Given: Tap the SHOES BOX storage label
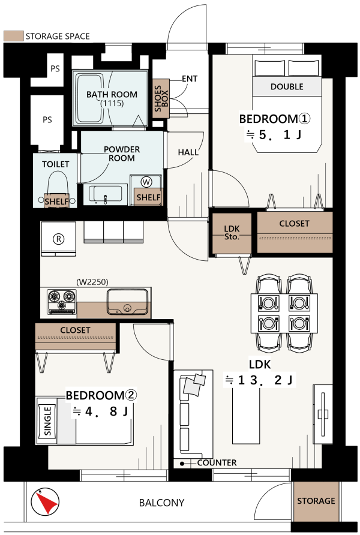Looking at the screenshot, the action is coord(161,98).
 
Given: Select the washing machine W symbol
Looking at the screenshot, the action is coord(146,182).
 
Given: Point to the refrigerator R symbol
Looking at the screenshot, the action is coord(58,239).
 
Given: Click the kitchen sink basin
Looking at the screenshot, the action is coord(128,301).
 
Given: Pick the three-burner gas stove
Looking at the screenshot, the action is coord(61,301).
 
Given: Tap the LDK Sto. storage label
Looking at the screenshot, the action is coord(232,232).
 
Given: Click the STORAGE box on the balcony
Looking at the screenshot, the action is coord(316,501).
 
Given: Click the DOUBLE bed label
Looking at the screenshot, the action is coord(287,86).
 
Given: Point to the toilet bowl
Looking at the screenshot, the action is coord(58,186).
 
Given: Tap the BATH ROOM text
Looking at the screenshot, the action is coord(112,95).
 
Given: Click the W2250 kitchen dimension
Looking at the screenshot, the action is coord(92,282).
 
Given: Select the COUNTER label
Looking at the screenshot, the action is coord(217,462).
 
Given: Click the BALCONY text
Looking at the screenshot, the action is coord(162,503).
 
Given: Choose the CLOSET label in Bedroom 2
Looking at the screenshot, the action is coord(75,330).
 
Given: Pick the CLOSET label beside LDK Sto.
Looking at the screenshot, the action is coord(294,224).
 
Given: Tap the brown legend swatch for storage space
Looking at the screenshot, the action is coord(14,36).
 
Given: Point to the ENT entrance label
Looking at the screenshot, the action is coord(190,79).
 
